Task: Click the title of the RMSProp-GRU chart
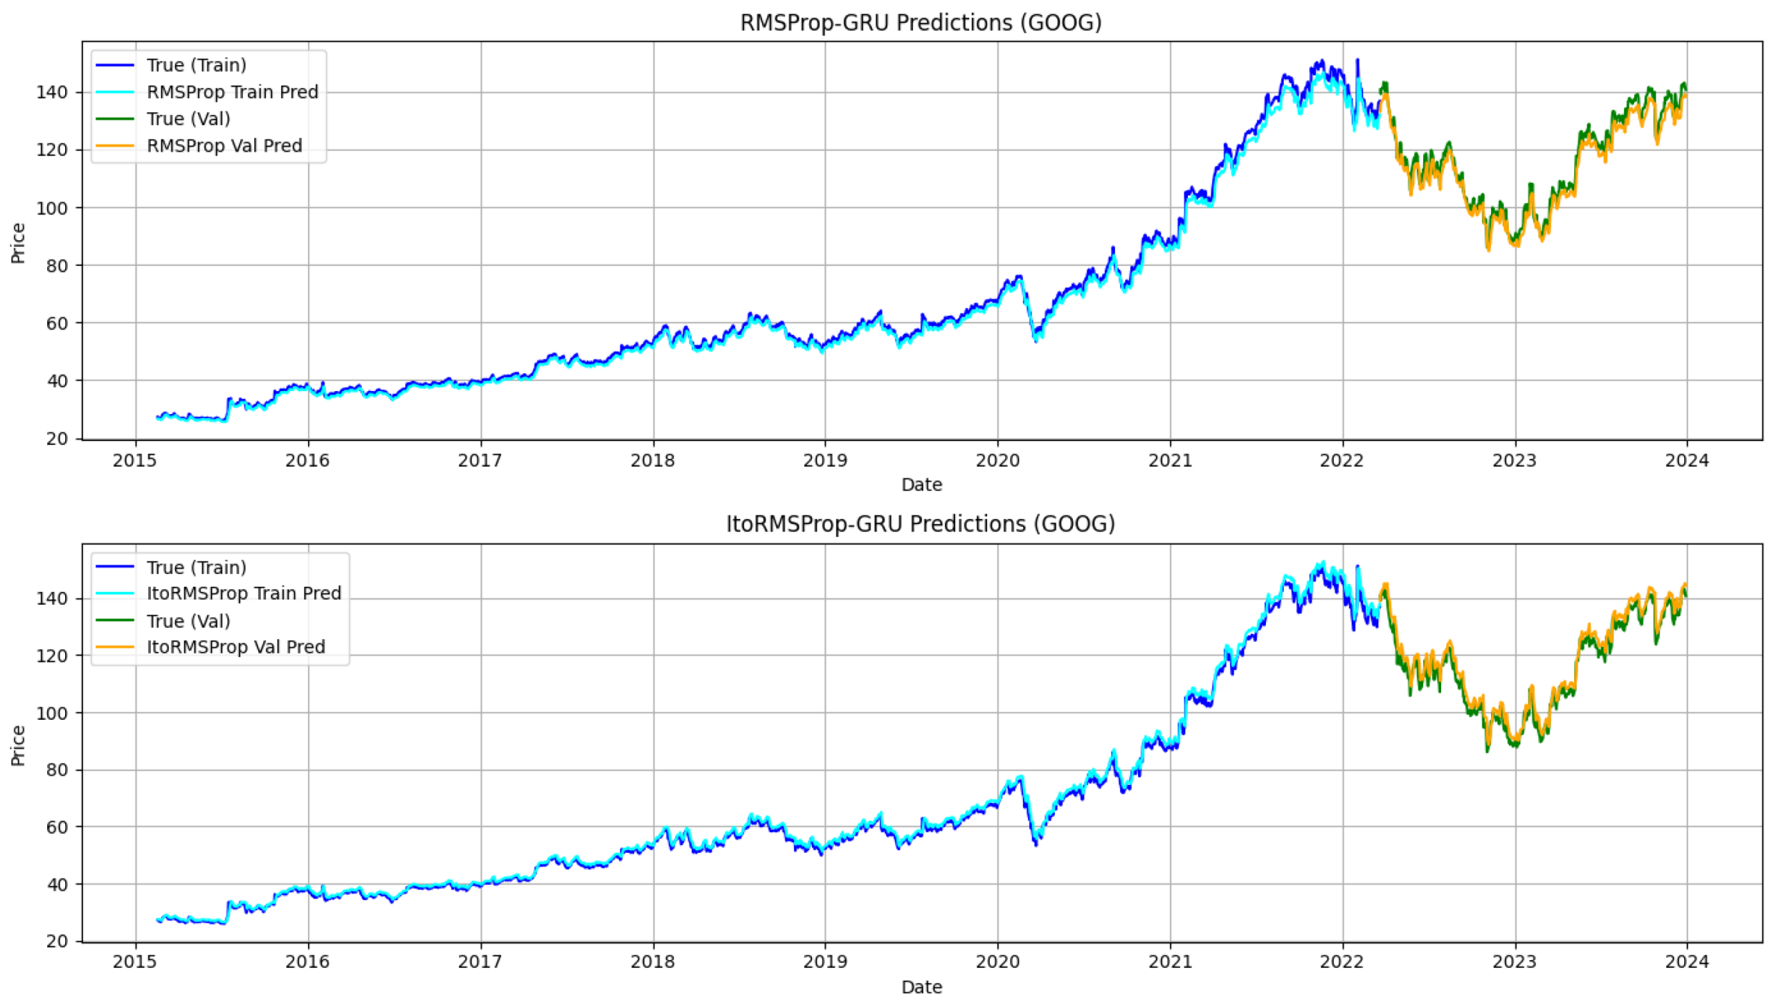[920, 23]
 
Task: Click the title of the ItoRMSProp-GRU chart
[920, 524]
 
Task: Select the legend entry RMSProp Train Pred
[232, 92]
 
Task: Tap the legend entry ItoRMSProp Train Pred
[244, 593]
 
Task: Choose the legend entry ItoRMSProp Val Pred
[235, 647]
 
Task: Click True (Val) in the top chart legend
[188, 119]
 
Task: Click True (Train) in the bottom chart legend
[196, 568]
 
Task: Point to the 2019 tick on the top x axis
[824, 461]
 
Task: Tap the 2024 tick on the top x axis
[1686, 461]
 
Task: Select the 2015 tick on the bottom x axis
[135, 962]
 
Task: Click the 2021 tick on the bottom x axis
[1170, 962]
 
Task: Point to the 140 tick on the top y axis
[52, 92]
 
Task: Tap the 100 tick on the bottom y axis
[52, 712]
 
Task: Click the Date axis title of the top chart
[921, 485]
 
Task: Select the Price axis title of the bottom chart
[18, 745]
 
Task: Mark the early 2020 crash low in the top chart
[1036, 341]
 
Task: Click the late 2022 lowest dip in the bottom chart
[1487, 750]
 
